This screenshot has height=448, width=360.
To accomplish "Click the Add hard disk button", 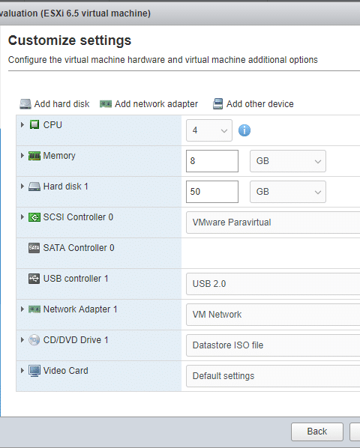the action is [54, 104].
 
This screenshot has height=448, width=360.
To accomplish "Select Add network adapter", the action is [148, 104].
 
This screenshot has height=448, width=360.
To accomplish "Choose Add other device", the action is [253, 104].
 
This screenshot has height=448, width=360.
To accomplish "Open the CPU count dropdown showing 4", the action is [209, 130].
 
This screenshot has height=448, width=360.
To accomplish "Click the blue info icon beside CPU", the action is [244, 130].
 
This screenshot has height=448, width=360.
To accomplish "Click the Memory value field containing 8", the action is [212, 161].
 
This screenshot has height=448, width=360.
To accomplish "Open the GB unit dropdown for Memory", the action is [288, 161].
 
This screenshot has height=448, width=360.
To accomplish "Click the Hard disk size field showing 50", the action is [212, 192].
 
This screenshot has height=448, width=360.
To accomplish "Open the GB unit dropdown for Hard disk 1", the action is [288, 192].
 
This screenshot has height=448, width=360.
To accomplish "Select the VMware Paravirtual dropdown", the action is [273, 223].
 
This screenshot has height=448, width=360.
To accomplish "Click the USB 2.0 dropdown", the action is [273, 284].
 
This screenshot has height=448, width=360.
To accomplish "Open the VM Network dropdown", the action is [273, 315].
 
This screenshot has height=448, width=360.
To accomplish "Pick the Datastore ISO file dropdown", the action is [273, 345].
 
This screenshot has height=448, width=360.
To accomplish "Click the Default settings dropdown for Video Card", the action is [273, 376].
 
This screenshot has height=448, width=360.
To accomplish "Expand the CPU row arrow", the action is [22, 124].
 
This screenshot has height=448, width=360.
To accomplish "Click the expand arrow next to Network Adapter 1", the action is [22, 309].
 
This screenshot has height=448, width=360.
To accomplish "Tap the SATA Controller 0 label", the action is [79, 248].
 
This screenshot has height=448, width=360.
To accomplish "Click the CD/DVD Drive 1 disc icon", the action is [34, 340].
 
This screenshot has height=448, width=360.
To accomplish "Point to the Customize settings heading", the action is [70, 40].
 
